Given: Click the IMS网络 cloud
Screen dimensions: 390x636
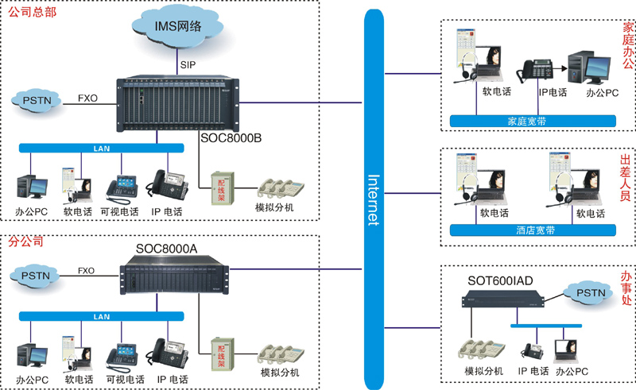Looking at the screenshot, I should tap(178, 27).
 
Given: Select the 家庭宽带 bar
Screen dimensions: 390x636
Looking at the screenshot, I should tap(531, 121).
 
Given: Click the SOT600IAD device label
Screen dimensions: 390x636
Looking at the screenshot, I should tap(499, 280).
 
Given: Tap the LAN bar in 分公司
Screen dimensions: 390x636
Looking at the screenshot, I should tap(102, 316).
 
